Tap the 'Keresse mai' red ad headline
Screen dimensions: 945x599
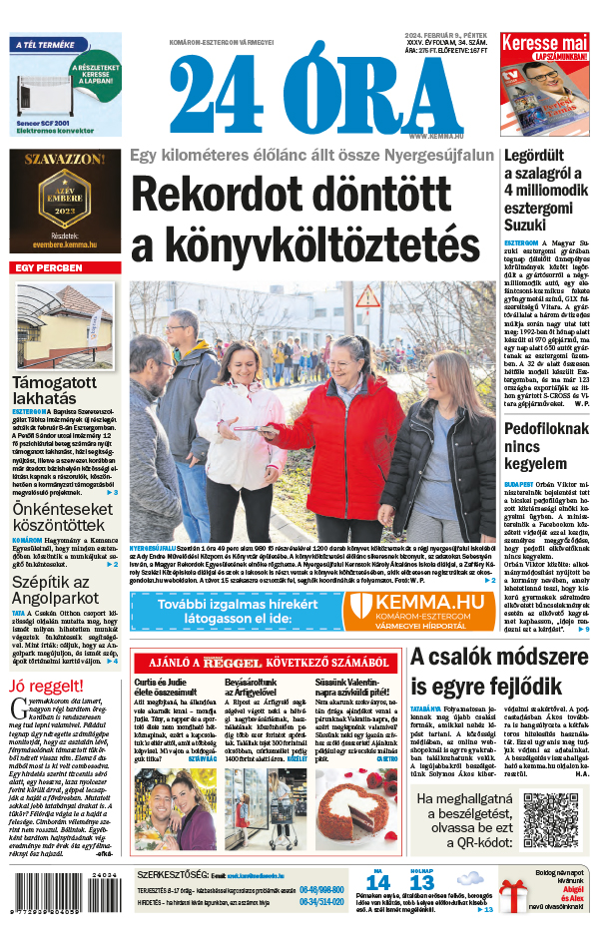pos(544,44)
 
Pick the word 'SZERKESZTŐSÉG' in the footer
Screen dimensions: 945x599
pos(172,873)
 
